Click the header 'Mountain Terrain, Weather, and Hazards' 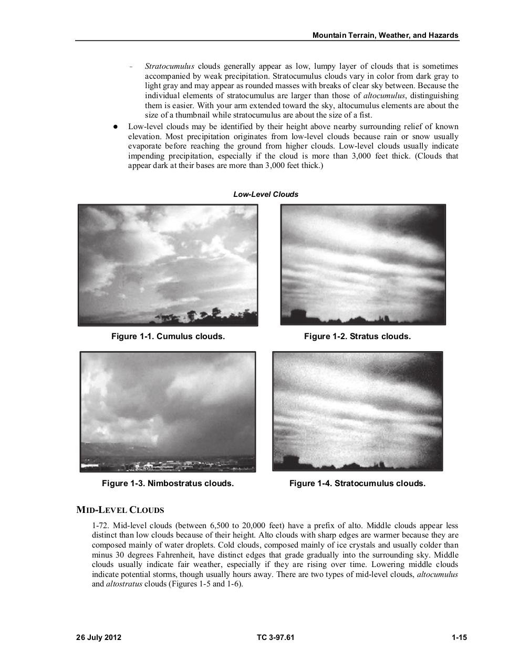[385, 35]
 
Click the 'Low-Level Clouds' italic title [266, 194]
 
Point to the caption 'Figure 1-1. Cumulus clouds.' [168, 336]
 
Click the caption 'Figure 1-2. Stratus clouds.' [357, 336]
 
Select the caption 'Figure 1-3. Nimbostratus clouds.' [168, 483]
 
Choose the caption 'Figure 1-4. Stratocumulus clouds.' [357, 483]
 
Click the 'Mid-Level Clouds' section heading [120, 510]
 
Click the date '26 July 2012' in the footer [99, 638]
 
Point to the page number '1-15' [459, 638]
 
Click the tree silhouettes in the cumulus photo [205, 316]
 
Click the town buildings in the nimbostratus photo [158, 465]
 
